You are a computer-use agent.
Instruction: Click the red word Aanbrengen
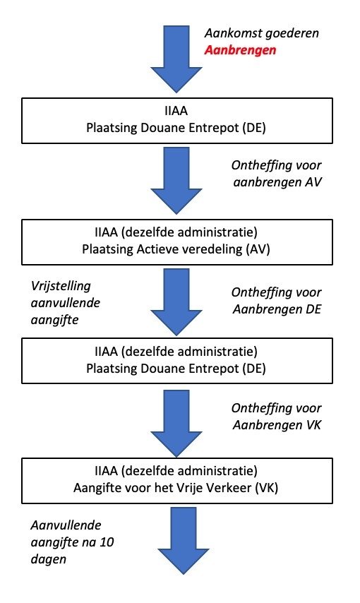pyautogui.click(x=240, y=50)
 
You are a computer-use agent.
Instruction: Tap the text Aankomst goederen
pyautogui.click(x=262, y=33)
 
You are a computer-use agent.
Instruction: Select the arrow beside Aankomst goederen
pyautogui.click(x=176, y=59)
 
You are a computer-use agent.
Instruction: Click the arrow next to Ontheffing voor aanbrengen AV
pyautogui.click(x=176, y=181)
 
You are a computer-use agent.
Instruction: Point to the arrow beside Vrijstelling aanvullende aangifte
pyautogui.click(x=176, y=302)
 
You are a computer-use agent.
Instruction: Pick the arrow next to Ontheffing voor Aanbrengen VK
pyautogui.click(x=176, y=424)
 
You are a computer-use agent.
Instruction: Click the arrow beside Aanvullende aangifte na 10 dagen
pyautogui.click(x=183, y=541)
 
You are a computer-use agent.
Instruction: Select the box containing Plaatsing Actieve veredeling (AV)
pyautogui.click(x=177, y=242)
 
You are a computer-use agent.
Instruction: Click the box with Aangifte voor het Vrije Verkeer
pyautogui.click(x=177, y=481)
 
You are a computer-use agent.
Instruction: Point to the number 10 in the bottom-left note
pyautogui.click(x=107, y=542)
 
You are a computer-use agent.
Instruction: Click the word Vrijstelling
pyautogui.click(x=61, y=286)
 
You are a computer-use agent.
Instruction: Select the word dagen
pyautogui.click(x=49, y=559)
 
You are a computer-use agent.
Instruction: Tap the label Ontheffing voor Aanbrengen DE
pyautogui.click(x=277, y=301)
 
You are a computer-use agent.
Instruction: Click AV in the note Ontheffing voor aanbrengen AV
pyautogui.click(x=313, y=182)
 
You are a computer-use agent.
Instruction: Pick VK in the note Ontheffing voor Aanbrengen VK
pyautogui.click(x=313, y=425)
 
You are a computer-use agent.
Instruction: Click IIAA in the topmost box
pyautogui.click(x=176, y=111)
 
